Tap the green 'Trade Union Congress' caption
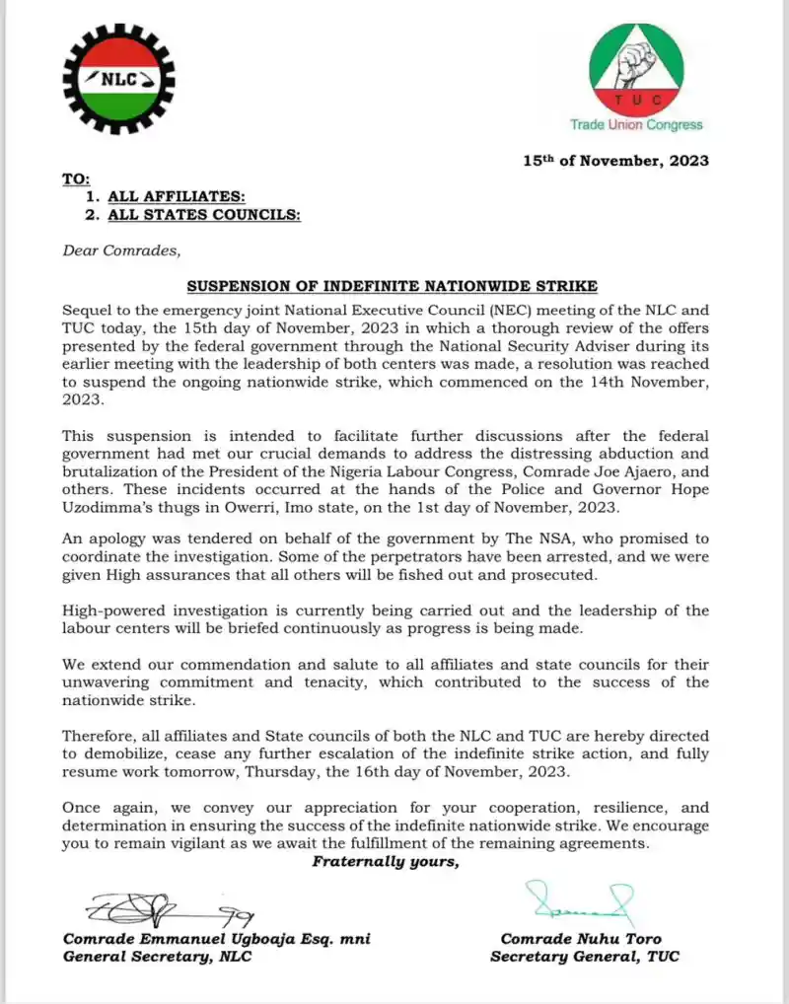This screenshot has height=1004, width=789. coord(636,124)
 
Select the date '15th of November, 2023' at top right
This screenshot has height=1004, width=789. coord(616,161)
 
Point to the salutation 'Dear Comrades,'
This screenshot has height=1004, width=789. coord(121,251)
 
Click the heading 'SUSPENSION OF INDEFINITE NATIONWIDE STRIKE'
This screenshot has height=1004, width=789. coord(392,286)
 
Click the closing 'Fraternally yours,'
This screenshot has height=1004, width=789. coord(386,862)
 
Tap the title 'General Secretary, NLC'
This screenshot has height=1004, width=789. coord(157,957)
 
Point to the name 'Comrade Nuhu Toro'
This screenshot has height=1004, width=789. coord(581,939)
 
